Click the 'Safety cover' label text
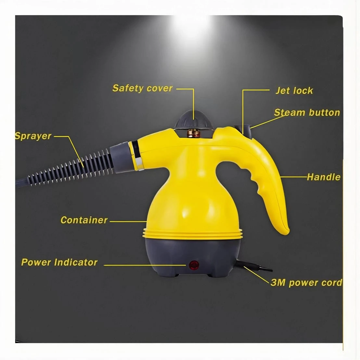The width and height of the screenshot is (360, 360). click(x=142, y=88)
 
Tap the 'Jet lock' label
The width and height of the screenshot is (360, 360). click(x=294, y=91)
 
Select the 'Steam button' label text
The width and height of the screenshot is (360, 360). click(x=307, y=113)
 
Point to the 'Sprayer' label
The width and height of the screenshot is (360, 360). click(x=33, y=136)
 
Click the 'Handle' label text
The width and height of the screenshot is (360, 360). click(x=324, y=177)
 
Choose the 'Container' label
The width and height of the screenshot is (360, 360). click(x=84, y=220)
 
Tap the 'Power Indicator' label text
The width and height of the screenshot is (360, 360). click(x=59, y=262)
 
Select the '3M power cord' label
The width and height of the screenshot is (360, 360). click(x=306, y=283)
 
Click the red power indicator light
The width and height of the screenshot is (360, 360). click(x=194, y=265)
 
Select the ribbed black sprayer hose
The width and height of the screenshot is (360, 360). click(x=69, y=168)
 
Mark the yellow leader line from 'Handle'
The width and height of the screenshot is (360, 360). click(x=293, y=177)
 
